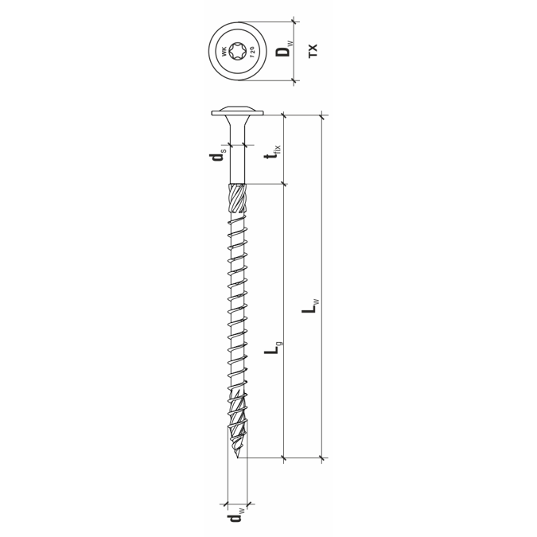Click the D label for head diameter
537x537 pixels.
(282, 51)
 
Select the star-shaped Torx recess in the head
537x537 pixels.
(237, 52)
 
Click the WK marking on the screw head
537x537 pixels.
(222, 52)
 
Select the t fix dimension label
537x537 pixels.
(274, 150)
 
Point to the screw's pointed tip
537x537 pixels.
(239, 457)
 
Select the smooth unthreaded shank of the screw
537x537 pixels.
(237, 163)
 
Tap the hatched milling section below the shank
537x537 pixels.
(238, 199)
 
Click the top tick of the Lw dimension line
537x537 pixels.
(322, 116)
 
